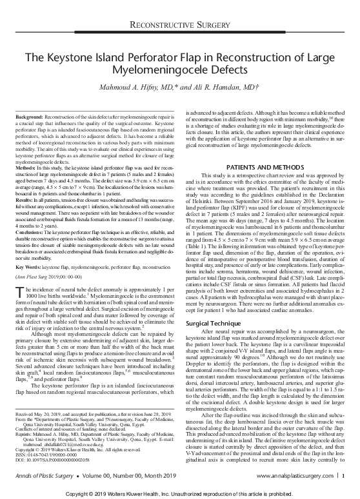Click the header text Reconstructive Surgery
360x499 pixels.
pos(180,25)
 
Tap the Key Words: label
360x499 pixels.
pos(28,265)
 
